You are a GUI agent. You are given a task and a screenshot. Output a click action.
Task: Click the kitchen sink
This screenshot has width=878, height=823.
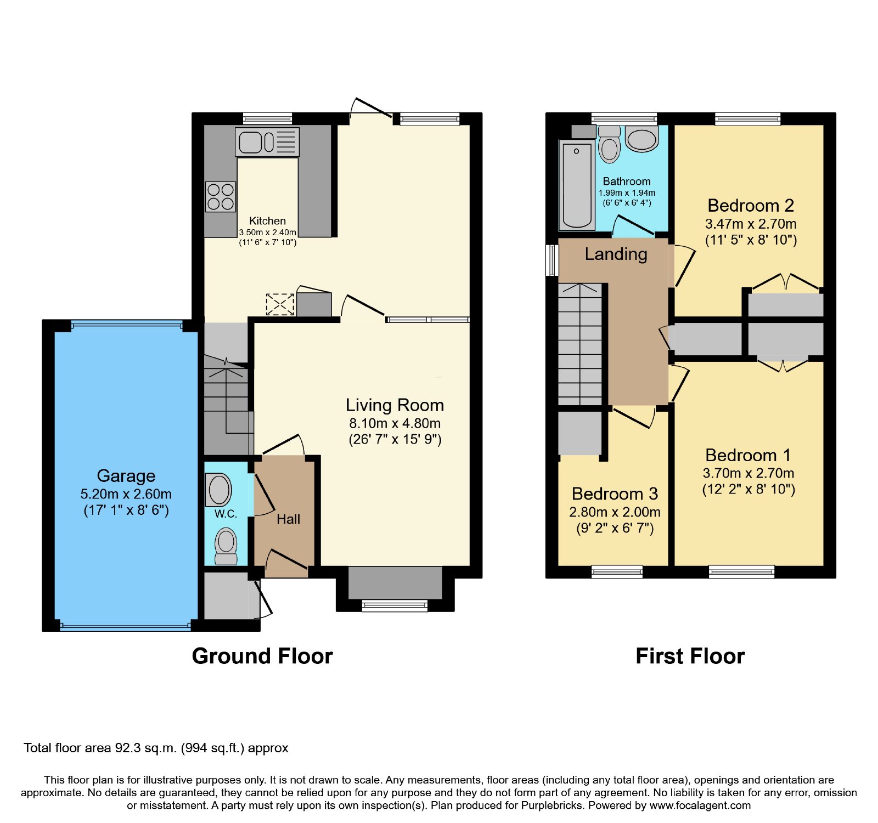click(267, 142)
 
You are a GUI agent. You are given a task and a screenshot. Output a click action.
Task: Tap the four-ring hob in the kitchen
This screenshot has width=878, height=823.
click(221, 197)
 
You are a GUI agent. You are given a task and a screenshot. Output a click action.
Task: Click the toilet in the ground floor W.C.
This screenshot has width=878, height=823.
click(226, 546)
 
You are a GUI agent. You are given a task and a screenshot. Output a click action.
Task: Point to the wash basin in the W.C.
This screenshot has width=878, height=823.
click(218, 489)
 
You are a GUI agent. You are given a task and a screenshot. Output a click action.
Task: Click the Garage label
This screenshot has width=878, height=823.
click(126, 476)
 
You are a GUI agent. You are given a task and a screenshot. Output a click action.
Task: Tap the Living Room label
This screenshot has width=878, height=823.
click(395, 405)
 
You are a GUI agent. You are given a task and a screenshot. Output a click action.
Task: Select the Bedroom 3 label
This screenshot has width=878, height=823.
click(615, 494)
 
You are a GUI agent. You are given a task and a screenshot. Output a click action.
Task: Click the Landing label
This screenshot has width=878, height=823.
click(616, 254)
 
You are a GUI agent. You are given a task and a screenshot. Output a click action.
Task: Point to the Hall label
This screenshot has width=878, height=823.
click(288, 519)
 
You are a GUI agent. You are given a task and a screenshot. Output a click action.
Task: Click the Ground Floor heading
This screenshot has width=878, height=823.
click(262, 656)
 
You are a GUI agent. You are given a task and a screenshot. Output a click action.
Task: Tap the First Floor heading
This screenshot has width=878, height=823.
click(690, 656)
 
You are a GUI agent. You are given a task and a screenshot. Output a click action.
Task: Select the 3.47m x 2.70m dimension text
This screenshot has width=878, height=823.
click(751, 224)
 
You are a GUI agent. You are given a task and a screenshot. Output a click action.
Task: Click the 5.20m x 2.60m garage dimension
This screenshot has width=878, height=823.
click(126, 494)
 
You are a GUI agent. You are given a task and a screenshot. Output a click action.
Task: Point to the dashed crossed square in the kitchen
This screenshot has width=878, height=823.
click(280, 304)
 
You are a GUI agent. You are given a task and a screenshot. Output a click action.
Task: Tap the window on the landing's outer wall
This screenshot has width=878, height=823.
click(551, 260)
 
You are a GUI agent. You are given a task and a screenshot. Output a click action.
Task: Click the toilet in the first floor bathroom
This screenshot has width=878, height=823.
click(609, 144)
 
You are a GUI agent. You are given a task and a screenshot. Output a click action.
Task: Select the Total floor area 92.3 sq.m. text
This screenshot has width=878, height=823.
click(156, 748)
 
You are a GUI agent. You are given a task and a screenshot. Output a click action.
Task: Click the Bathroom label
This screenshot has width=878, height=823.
click(627, 181)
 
